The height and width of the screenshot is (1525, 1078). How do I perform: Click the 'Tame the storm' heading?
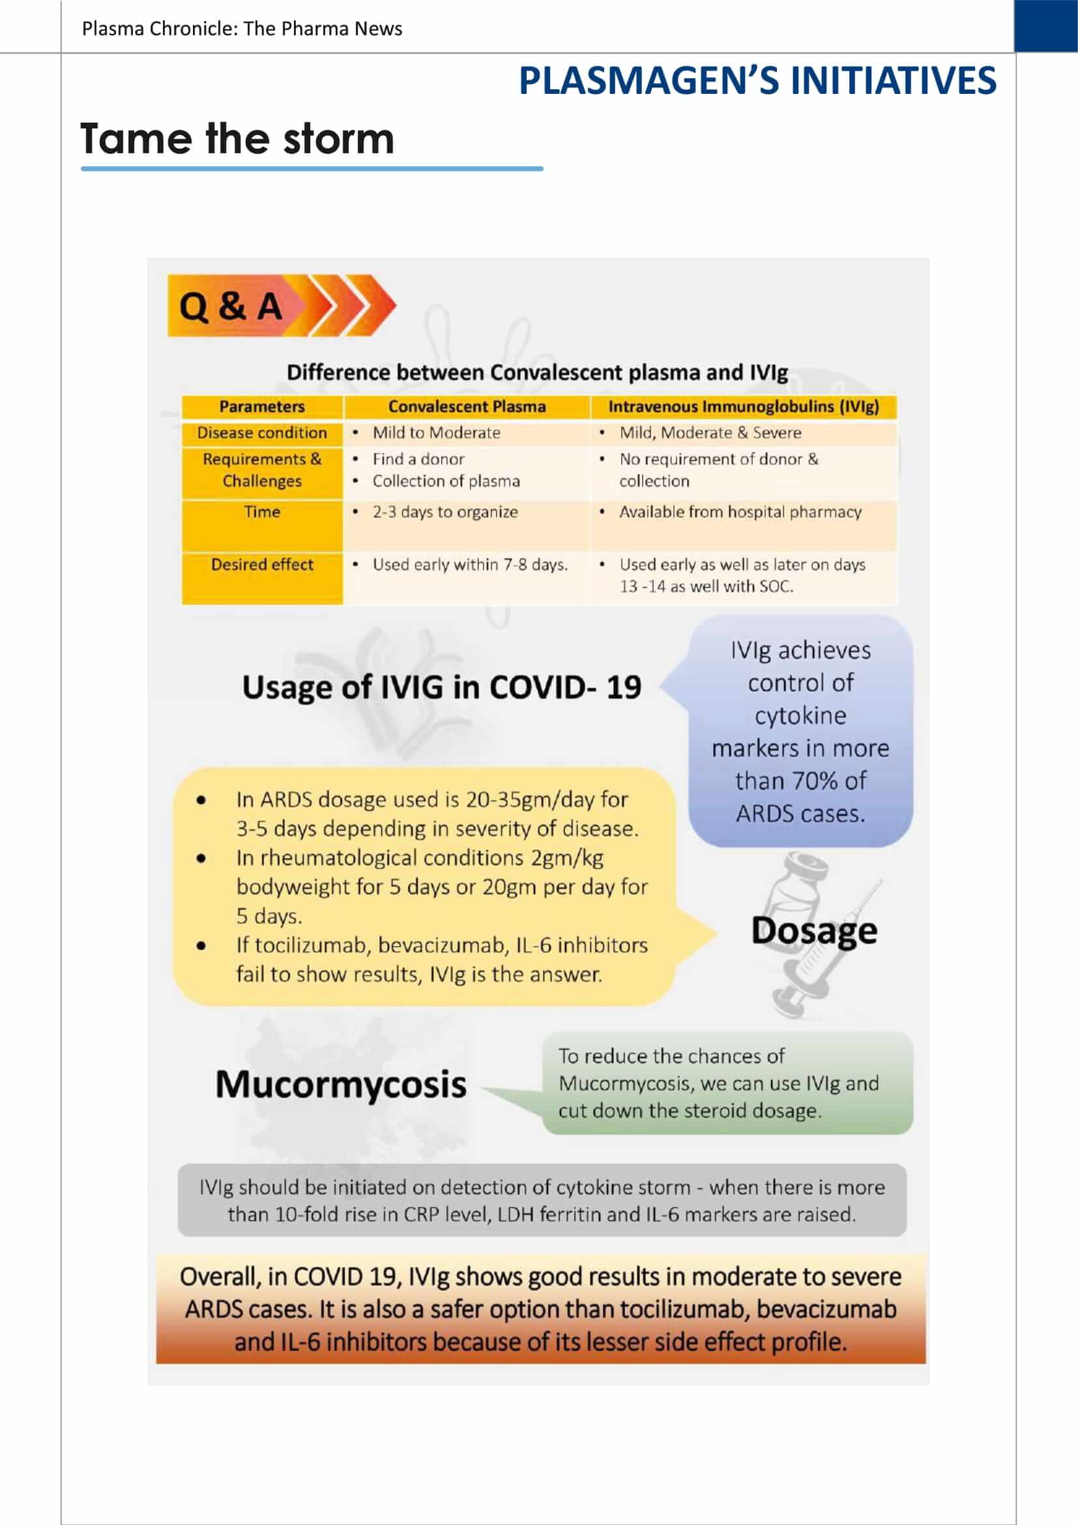pyautogui.click(x=237, y=139)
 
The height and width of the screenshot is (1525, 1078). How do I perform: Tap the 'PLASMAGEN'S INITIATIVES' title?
pyautogui.click(x=757, y=81)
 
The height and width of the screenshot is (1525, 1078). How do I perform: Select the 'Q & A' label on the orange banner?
pyautogui.click(x=231, y=307)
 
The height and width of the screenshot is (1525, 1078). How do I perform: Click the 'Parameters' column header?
pyautogui.click(x=261, y=406)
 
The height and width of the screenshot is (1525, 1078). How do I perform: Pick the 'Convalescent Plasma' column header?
pyautogui.click(x=467, y=406)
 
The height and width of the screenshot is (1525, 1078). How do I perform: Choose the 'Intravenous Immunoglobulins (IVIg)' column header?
pyautogui.click(x=744, y=406)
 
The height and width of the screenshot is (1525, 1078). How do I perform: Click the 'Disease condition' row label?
pyautogui.click(x=261, y=433)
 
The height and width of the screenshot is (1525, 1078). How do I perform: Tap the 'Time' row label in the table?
pyautogui.click(x=261, y=512)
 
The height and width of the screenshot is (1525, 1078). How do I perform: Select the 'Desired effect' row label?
pyautogui.click(x=261, y=565)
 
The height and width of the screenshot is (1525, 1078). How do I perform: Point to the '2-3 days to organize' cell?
pyautogui.click(x=444, y=512)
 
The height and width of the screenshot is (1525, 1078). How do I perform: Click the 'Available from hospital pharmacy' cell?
pyautogui.click(x=740, y=512)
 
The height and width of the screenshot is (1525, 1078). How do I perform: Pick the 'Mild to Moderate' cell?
pyautogui.click(x=436, y=433)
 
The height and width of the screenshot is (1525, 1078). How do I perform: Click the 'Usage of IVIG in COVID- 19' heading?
pyautogui.click(x=441, y=687)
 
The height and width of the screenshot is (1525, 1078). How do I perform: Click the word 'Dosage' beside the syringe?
pyautogui.click(x=814, y=930)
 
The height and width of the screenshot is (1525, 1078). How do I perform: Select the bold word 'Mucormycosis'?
pyautogui.click(x=340, y=1085)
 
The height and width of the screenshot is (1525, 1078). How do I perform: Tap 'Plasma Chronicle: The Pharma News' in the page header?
pyautogui.click(x=242, y=29)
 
